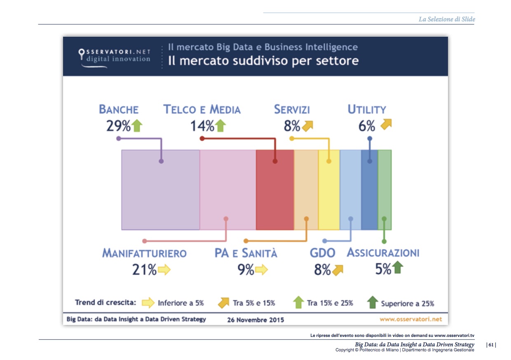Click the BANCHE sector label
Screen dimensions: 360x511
pyautogui.click(x=119, y=109)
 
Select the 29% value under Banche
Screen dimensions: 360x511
pyautogui.click(x=118, y=125)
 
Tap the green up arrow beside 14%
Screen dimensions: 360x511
pyautogui.click(x=220, y=125)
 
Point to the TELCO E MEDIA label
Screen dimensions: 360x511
pyautogui.click(x=202, y=109)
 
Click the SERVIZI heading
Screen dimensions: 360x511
pyautogui.click(x=292, y=109)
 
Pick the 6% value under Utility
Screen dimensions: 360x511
pyautogui.click(x=367, y=126)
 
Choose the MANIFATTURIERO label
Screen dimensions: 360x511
pyautogui.click(x=144, y=253)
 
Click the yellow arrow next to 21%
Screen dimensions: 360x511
pyautogui.click(x=164, y=270)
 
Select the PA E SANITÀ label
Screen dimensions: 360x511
pyautogui.click(x=246, y=253)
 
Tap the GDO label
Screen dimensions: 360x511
pyautogui.click(x=322, y=253)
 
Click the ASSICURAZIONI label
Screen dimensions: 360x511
pyautogui.click(x=383, y=252)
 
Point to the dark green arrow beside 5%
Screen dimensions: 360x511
pyautogui.click(x=397, y=268)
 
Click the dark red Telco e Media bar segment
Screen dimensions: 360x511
pyautogui.click(x=275, y=189)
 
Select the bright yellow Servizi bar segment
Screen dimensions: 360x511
pyautogui.click(x=329, y=189)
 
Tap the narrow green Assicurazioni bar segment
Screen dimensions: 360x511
pyautogui.click(x=384, y=189)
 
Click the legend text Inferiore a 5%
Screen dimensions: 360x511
pyautogui.click(x=181, y=303)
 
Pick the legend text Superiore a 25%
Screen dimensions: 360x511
pyautogui.click(x=407, y=304)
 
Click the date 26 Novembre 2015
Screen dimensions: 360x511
pyautogui.click(x=255, y=320)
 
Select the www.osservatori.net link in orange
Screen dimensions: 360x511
pyautogui.click(x=410, y=319)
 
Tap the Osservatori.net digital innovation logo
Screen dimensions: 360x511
pyautogui.click(x=115, y=56)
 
